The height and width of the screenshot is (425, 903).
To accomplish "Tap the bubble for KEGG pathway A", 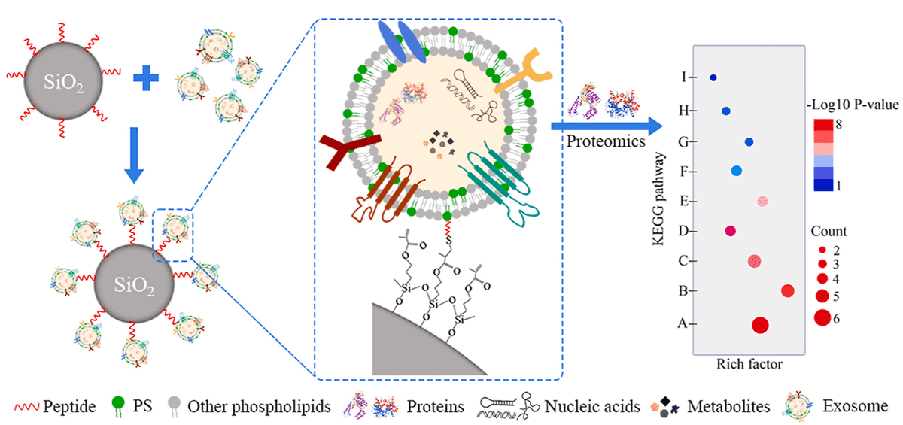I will (x=760, y=325).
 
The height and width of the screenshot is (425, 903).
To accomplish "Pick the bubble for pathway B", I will (x=788, y=291).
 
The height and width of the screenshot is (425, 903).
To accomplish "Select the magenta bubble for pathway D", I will (x=730, y=231).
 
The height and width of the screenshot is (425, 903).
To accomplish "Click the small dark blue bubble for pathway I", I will (x=713, y=77).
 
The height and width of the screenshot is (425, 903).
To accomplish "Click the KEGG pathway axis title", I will (x=659, y=201).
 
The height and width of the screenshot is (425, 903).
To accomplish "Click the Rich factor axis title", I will (x=749, y=364).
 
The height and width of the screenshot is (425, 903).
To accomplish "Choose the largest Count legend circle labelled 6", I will (x=821, y=318).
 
